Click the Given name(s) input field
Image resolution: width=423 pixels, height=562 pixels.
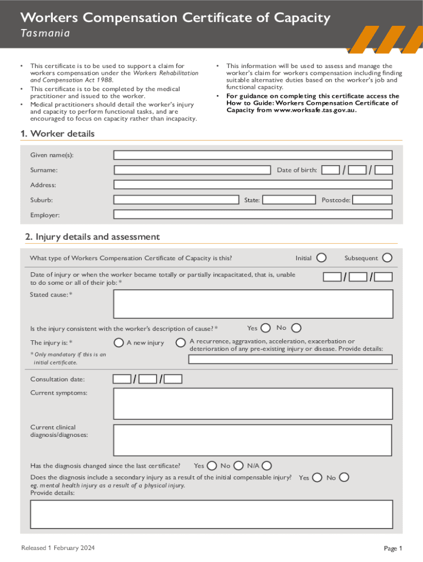pos(253,155)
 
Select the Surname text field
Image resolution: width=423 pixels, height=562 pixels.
pos(192,170)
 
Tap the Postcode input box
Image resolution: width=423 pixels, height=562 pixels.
pos(372,200)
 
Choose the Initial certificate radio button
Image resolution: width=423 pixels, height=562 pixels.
pos(321,258)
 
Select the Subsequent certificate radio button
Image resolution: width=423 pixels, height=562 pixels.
pos(387,258)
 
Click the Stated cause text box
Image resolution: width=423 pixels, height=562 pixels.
pos(253,304)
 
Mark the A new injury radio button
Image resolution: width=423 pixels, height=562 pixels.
pos(119,342)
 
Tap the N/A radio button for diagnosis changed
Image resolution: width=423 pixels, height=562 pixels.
pos(267,465)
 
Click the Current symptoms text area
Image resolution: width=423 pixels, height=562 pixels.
pos(253,403)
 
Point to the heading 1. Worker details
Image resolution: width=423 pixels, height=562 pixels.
pos(57,134)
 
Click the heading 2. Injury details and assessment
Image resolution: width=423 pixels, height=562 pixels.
pos(92,237)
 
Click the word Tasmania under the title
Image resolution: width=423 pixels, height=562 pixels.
pos(45,33)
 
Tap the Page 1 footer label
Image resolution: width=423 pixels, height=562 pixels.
pos(393,548)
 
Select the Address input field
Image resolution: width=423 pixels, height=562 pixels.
pos(253,185)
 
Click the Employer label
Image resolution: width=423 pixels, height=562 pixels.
pos(45,215)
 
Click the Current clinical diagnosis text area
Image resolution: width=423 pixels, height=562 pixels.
pos(253,439)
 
